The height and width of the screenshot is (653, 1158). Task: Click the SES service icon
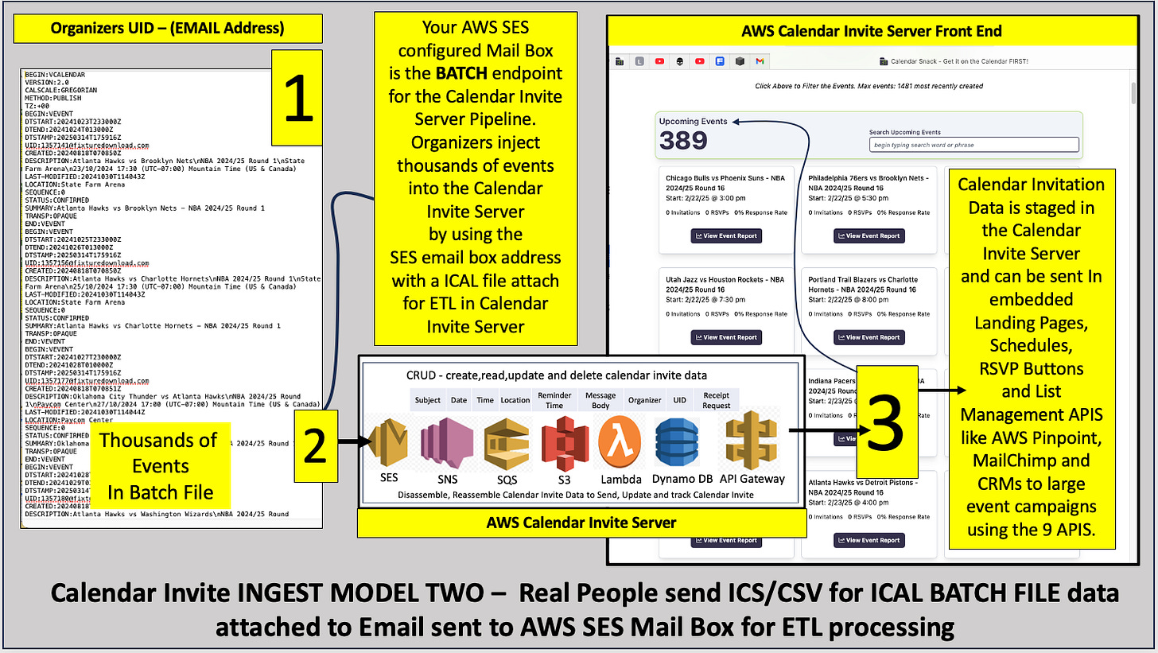(390, 444)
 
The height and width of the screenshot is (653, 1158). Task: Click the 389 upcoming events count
(684, 140)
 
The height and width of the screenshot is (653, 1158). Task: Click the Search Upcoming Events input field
(974, 145)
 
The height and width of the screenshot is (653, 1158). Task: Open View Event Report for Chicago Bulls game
(725, 235)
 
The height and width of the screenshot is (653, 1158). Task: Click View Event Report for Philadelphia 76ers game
(868, 235)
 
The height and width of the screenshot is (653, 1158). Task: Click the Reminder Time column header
(554, 400)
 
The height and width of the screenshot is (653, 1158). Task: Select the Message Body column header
(600, 400)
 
